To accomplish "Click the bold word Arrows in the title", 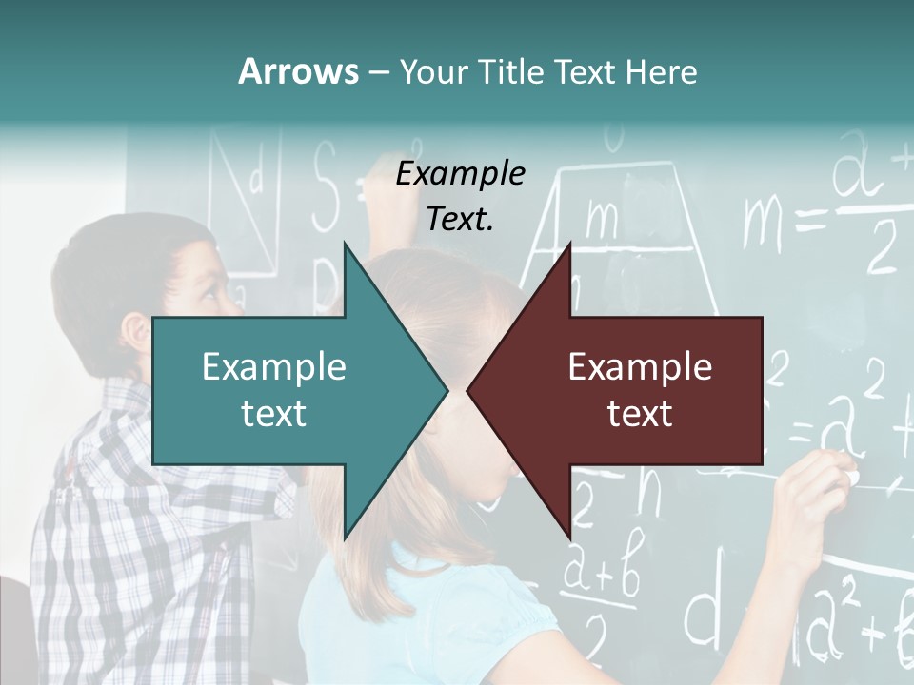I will [x=297, y=71].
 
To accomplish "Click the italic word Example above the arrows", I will [x=460, y=174].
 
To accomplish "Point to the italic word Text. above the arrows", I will [x=460, y=220].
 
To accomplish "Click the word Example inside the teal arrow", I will [x=274, y=367].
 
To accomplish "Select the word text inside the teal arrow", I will [x=274, y=413].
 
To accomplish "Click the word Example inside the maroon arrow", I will [x=640, y=367].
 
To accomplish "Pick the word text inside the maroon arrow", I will [x=640, y=413].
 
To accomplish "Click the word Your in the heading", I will [x=429, y=71].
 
